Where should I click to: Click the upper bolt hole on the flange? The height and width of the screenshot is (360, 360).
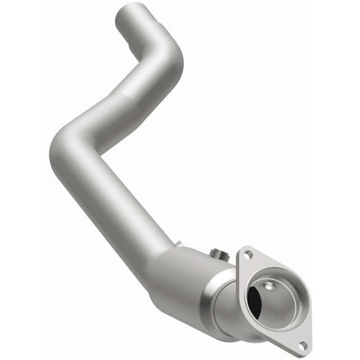pyautogui.click(x=249, y=255)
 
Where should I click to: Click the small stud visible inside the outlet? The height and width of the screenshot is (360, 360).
pyautogui.click(x=276, y=292)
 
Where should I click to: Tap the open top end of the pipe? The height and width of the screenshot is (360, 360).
pyautogui.click(x=133, y=11)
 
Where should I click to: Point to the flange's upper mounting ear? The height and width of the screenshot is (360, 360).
pyautogui.click(x=249, y=255)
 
